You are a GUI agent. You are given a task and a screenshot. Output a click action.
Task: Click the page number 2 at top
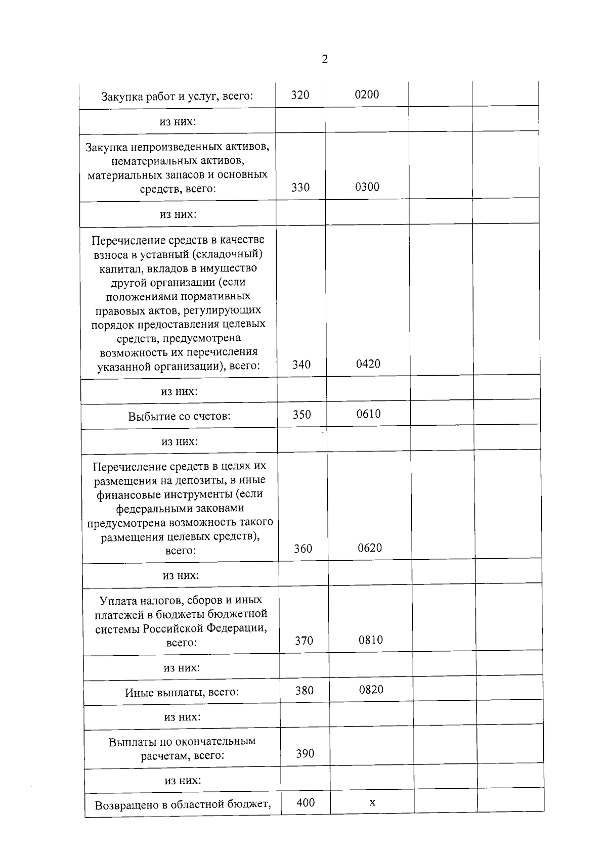[x=325, y=59]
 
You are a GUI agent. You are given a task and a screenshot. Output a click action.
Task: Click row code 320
[x=300, y=95]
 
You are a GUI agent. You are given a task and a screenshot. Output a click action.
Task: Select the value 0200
[x=367, y=95]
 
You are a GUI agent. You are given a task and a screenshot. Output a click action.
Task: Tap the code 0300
[x=367, y=187]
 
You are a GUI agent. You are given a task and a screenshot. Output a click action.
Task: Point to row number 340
[x=301, y=365]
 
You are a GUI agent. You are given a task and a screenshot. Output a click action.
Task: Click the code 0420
[x=368, y=364]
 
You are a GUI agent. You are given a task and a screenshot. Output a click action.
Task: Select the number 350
[x=302, y=415]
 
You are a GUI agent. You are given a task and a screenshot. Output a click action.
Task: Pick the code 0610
[x=369, y=414]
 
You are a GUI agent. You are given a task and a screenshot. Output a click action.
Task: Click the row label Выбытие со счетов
[x=179, y=417]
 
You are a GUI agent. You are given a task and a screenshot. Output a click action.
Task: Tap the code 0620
[x=370, y=548]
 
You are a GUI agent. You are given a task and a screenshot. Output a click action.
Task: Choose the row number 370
[x=304, y=641]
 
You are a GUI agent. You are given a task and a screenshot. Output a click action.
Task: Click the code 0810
[x=371, y=640]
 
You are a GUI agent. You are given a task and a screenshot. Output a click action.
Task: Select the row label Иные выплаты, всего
[x=182, y=692]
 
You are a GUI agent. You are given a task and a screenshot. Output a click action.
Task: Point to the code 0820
[x=371, y=690]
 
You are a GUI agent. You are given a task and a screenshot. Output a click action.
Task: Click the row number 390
[x=305, y=754]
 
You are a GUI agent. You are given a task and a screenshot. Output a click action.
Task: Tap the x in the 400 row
[x=372, y=802]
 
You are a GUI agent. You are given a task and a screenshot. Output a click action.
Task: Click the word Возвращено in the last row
[x=126, y=805]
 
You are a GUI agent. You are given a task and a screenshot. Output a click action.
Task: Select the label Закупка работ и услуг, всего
[x=177, y=96]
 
